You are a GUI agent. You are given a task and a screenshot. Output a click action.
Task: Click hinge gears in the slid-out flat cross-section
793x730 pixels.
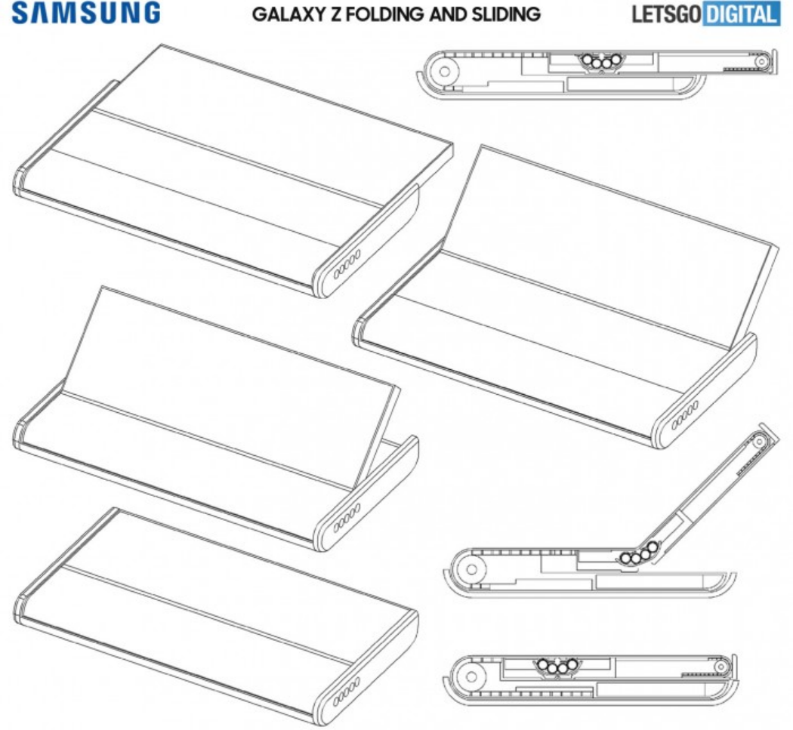pyautogui.click(x=601, y=63)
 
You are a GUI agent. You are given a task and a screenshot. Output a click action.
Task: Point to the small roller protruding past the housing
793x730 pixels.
pyautogui.click(x=765, y=60)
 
